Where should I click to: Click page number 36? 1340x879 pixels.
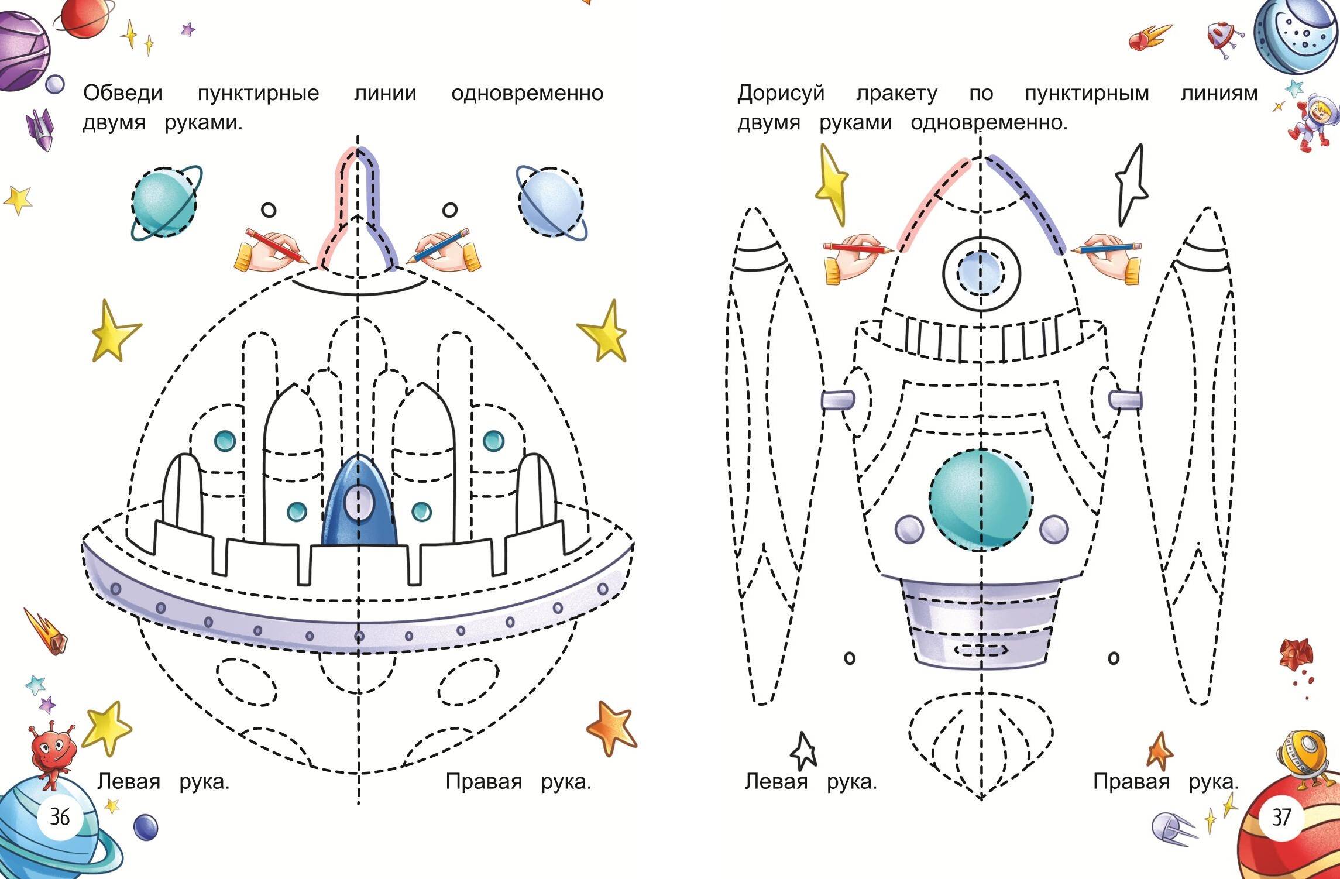60,816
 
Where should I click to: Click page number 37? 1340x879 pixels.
1281,817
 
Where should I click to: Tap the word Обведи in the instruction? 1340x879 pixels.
123,93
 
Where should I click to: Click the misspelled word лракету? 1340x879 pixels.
896,93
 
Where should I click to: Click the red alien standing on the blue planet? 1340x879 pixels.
52,751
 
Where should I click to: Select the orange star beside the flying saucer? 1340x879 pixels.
611,727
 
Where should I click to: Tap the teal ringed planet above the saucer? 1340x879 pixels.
164,202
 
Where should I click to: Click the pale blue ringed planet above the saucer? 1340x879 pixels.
550,202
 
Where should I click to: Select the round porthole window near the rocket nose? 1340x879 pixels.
981,272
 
